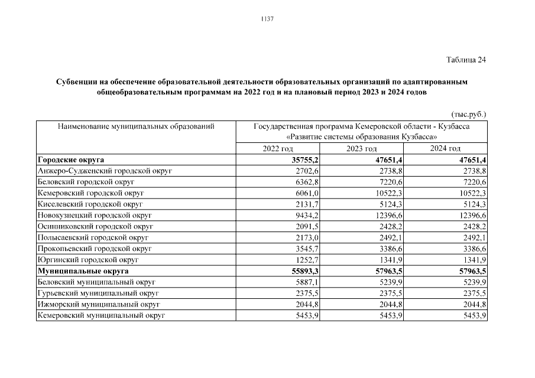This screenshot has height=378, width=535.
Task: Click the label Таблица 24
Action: click(465, 59)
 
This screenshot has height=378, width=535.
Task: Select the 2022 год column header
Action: click(277, 148)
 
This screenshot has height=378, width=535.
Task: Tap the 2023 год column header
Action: click(362, 148)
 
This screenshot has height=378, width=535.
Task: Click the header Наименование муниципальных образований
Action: click(135, 126)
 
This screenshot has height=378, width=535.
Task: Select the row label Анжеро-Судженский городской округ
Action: click(104, 171)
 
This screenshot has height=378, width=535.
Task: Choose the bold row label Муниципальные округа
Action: click(83, 271)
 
